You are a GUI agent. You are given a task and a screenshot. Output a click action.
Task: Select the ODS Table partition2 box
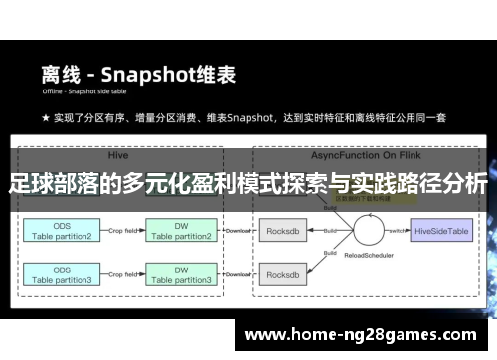coord(61,231)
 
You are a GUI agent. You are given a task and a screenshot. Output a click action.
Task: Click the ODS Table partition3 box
coord(61,275)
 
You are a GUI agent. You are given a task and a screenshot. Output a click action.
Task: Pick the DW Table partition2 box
coord(182,231)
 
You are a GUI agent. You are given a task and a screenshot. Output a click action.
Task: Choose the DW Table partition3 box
coord(182,275)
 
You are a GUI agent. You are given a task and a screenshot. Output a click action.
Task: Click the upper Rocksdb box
coord(285,230)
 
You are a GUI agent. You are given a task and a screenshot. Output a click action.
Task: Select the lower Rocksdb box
coord(285,275)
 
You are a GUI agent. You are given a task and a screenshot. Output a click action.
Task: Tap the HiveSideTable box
coord(443,230)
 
